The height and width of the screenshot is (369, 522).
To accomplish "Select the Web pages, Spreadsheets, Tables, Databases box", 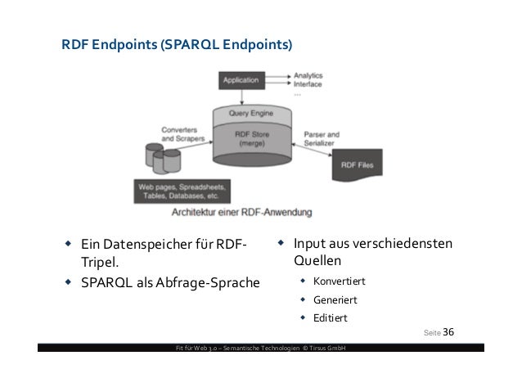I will tap(178, 191).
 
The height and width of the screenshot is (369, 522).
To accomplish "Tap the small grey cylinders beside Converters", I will tap(160, 158).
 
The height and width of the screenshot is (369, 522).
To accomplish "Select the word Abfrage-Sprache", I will tap(215, 283).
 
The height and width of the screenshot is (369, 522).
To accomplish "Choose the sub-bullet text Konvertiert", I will tap(337, 281).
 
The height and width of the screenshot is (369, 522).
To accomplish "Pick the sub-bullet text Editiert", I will tap(330, 317).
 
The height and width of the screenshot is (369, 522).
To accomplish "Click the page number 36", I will tap(448, 331).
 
